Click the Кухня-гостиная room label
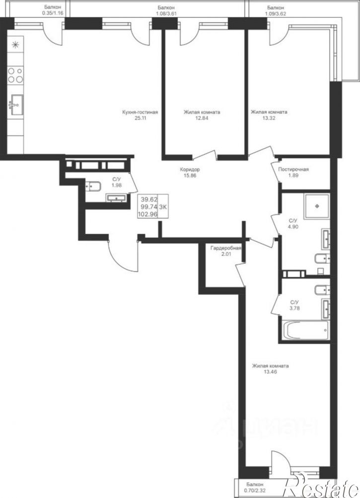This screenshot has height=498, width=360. (x=140, y=112)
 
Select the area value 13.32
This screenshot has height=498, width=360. (x=269, y=118)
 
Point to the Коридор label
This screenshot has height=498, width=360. (x=190, y=169)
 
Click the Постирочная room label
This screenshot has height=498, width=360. (x=293, y=169)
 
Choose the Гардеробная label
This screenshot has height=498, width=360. (x=226, y=249)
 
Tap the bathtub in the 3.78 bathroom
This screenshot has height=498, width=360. (x=305, y=331)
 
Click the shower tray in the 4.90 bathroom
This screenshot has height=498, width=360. (x=317, y=206)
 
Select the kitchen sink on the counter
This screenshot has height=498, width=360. (x=16, y=104)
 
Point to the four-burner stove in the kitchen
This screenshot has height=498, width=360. (x=15, y=75)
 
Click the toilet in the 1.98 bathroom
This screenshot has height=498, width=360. (x=93, y=186)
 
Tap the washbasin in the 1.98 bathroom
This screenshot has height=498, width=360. (x=117, y=198)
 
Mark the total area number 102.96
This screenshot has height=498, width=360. (x=147, y=214)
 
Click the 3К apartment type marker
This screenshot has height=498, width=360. (x=163, y=207)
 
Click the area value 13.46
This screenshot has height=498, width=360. (x=271, y=372)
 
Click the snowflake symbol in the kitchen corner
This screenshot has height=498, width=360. (x=15, y=45)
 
